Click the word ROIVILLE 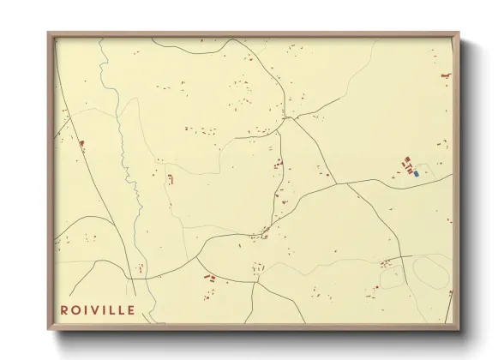pos(98,309)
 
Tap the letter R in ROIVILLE pos(63,309)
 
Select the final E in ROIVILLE pos(130,309)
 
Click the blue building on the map pos(416,172)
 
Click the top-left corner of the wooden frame pos(49,33)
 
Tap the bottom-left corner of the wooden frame pos(49,328)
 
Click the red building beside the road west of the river pos(81,143)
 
